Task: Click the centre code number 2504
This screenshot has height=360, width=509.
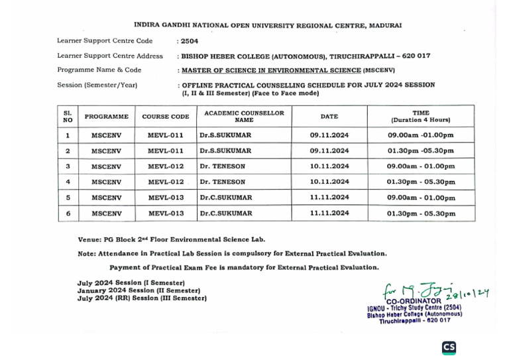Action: point(188,41)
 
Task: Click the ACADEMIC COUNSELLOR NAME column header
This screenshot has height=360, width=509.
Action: point(244,117)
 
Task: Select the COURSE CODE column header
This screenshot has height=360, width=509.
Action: point(165,117)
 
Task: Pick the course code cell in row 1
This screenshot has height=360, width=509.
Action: point(165,135)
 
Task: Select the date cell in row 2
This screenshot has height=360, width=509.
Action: point(329,150)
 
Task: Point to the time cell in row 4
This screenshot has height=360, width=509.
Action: point(421,182)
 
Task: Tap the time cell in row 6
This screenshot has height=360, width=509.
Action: point(421,213)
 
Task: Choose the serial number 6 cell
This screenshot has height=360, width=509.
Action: point(68,213)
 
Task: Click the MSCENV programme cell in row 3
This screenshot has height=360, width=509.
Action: point(106,166)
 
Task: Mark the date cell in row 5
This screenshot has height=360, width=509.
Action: point(329,198)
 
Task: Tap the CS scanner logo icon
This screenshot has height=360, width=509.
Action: point(449,347)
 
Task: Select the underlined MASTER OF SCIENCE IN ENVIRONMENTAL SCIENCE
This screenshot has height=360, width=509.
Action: point(270,70)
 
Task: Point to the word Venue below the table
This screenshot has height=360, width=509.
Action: point(89,239)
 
